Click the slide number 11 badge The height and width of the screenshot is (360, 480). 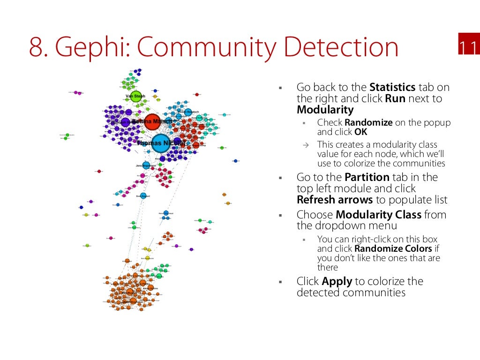point(467,48)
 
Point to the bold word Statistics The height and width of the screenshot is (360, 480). point(392,87)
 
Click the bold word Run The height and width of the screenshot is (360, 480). point(395,98)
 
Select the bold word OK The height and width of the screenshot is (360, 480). point(361,132)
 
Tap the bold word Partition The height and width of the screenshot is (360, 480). point(367,177)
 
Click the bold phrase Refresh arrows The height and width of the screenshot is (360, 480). point(335,200)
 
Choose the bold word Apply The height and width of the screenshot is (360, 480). point(337,281)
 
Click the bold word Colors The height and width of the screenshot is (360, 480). point(417,248)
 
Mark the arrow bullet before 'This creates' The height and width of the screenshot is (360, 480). point(304,144)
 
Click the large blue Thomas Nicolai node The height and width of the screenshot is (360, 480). point(160,143)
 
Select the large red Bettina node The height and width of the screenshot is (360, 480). point(152,121)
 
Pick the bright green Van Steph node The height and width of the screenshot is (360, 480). point(135,97)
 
